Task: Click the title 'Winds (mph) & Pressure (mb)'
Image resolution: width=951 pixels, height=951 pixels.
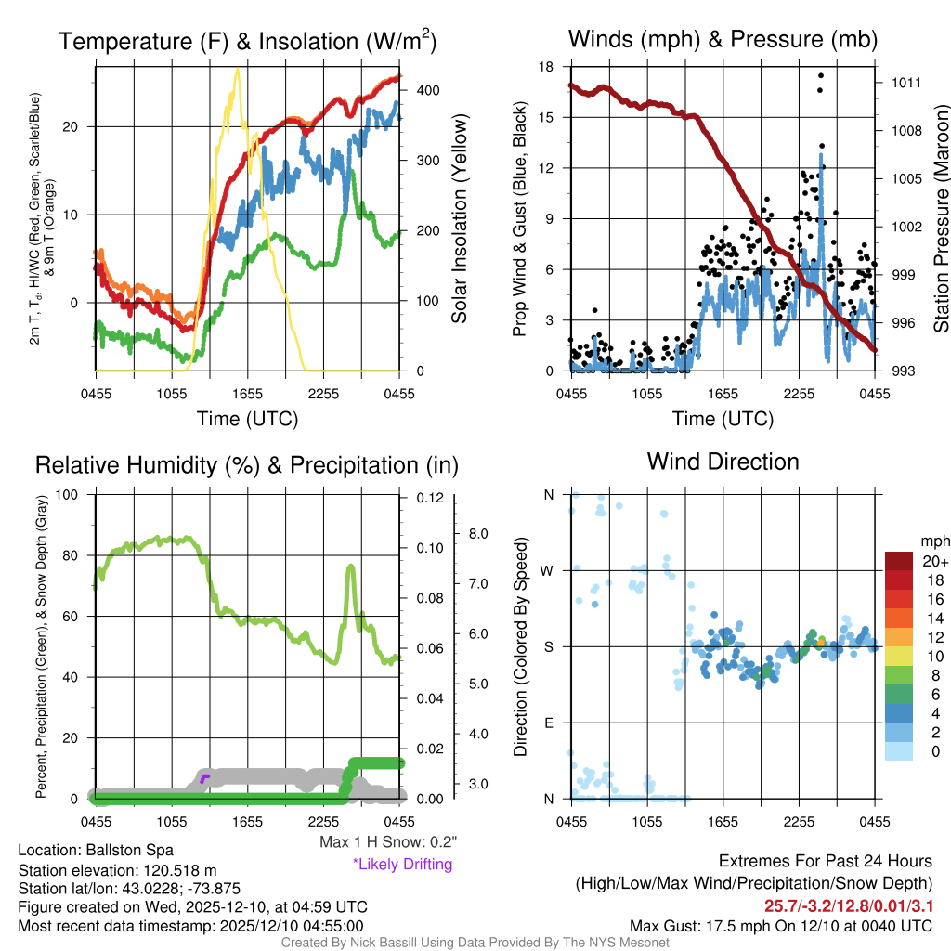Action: pos(723,39)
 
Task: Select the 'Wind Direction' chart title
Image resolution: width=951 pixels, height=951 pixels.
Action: pos(723,462)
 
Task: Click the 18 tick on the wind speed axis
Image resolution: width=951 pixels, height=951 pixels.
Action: pos(547,67)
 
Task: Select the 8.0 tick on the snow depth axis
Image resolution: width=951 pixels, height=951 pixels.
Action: pos(477,534)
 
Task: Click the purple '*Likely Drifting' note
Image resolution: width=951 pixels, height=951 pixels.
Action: pos(402,864)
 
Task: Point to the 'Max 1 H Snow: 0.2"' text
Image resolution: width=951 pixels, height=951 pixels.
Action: pos(387,842)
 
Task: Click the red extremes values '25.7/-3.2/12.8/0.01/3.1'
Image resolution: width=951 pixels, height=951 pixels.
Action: pos(848,905)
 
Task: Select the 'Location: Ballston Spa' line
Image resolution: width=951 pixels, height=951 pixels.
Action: pos(95,850)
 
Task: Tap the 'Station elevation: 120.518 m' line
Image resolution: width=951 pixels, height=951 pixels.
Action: pos(117,870)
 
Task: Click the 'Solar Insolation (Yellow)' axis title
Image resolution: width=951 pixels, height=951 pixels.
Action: pos(460,219)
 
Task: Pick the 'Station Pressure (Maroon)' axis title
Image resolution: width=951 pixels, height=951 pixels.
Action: pos(940,219)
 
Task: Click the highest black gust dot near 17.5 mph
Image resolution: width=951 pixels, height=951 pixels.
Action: pos(820,75)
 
